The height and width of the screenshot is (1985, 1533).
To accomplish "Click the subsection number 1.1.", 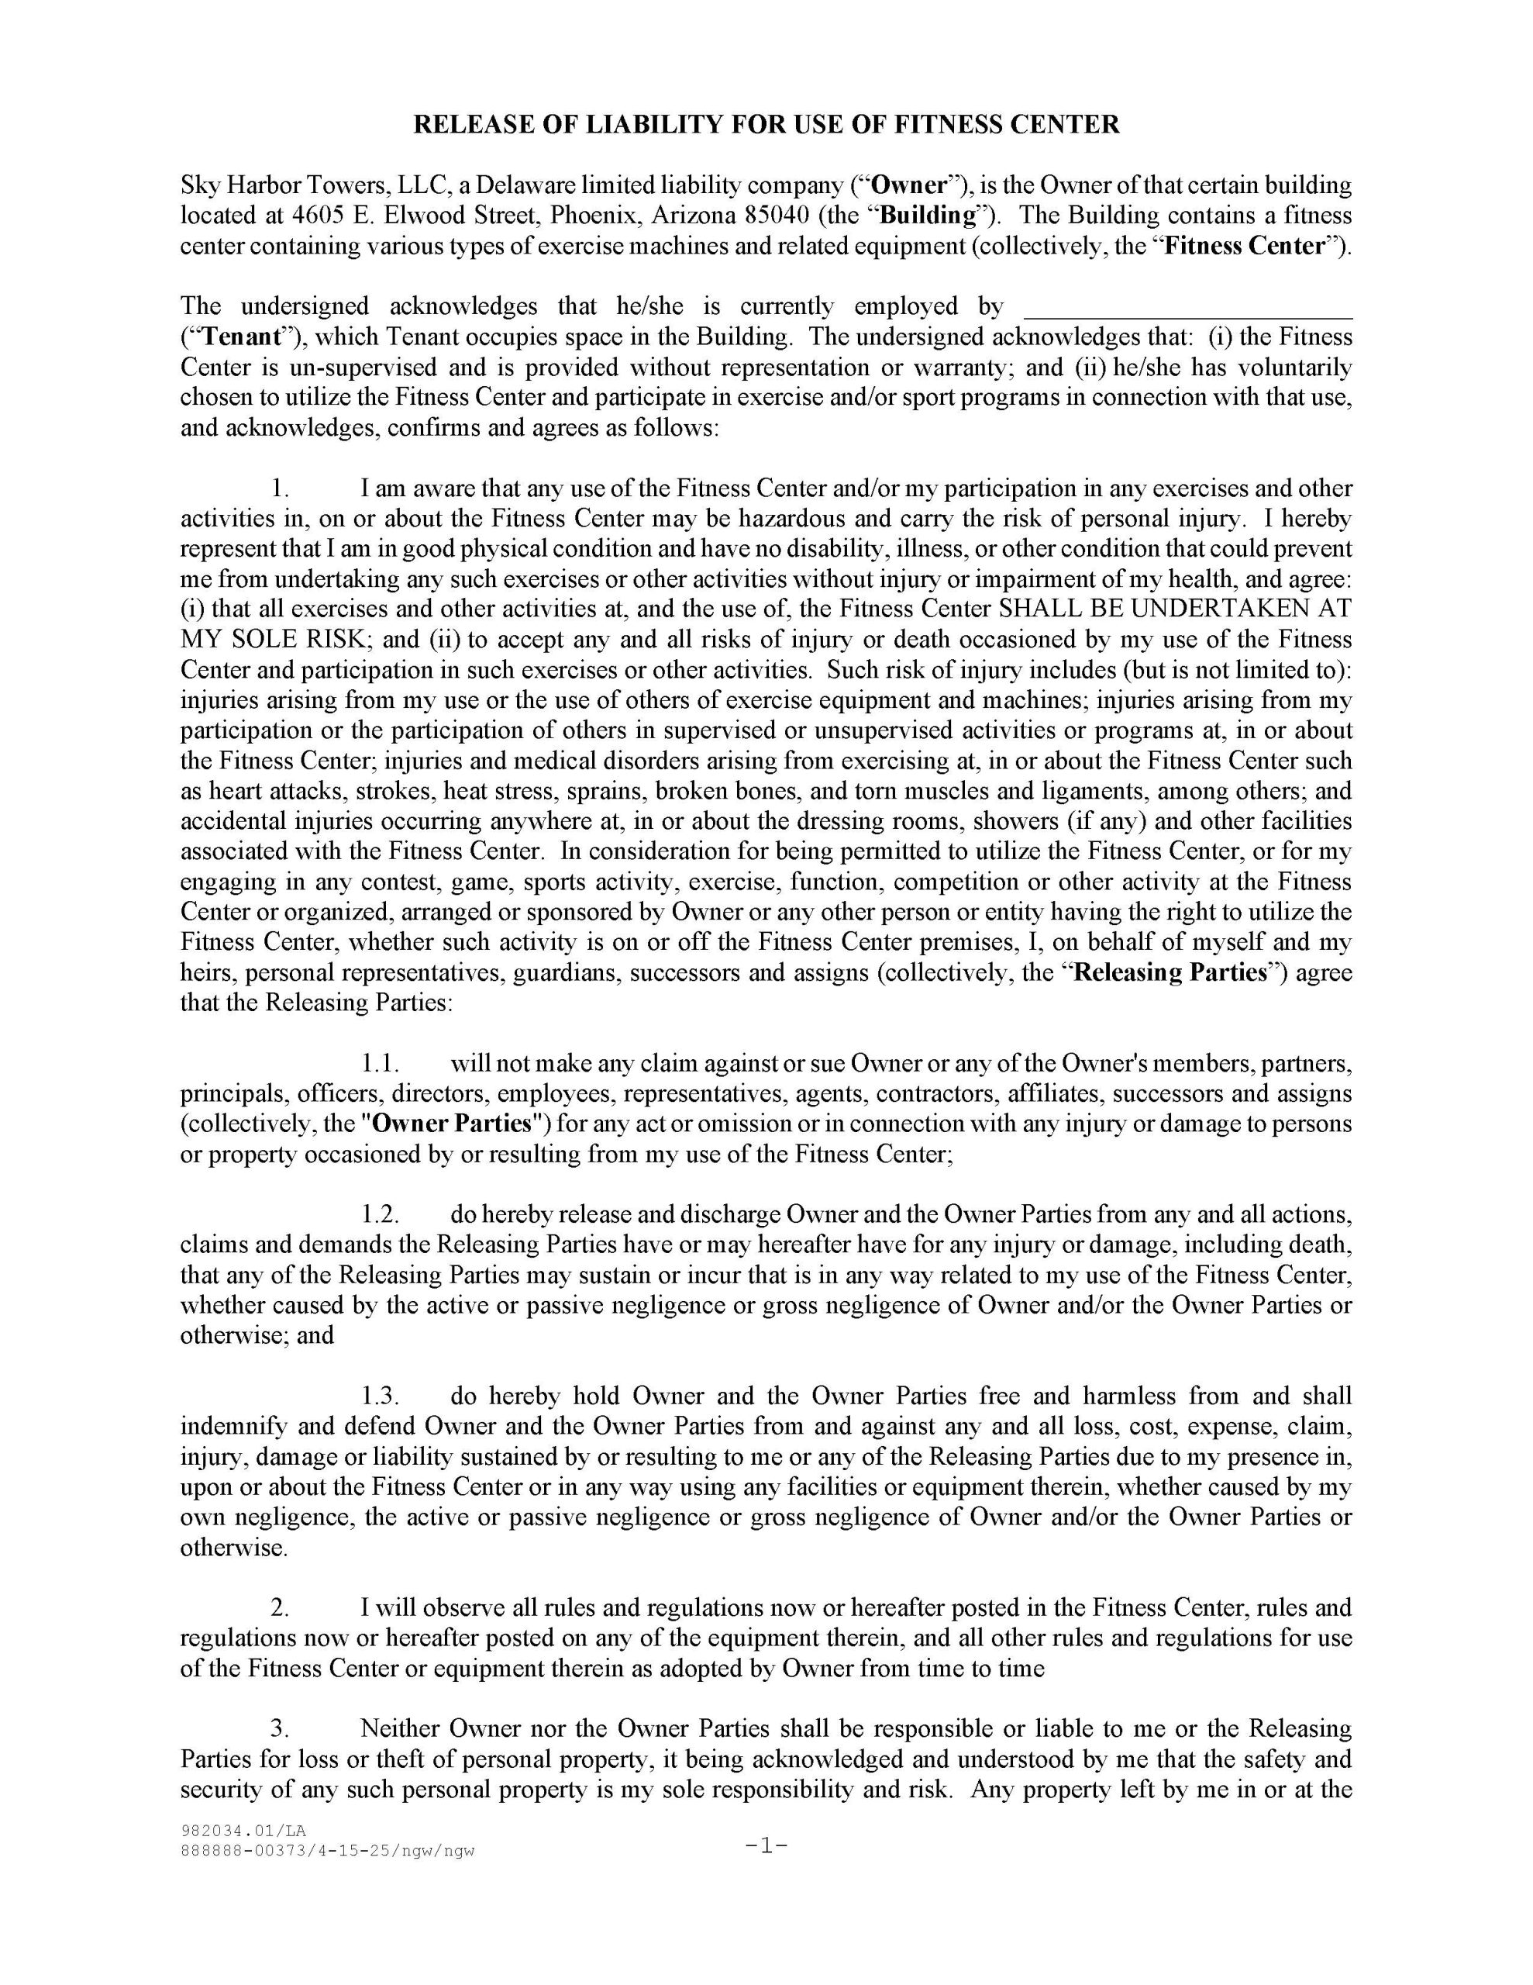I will pyautogui.click(x=380, y=1063).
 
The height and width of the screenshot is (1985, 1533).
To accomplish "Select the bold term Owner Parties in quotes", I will pyautogui.click(x=452, y=1124).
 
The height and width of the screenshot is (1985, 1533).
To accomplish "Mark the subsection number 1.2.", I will pyautogui.click(x=380, y=1215).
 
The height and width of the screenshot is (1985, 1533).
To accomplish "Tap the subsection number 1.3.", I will pyautogui.click(x=380, y=1396).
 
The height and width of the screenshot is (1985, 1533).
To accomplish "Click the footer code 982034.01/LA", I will pyautogui.click(x=243, y=1831).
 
